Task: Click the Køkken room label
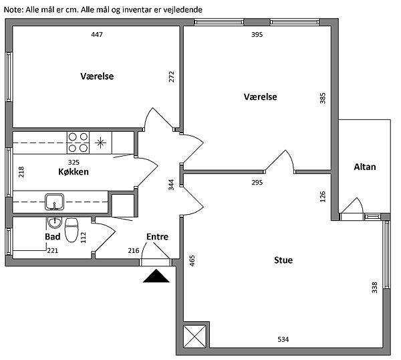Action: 74,171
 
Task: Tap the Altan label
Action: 365,167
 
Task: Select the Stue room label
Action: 283,260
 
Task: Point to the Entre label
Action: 157,237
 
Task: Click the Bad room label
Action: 53,237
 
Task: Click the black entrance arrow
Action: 156,276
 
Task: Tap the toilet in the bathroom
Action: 72,230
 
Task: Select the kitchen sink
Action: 55,202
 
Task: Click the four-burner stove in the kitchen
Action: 78,143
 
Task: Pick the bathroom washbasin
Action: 55,223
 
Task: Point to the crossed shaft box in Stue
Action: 194,337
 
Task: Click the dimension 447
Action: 97,34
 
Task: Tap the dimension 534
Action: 283,339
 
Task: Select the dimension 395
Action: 257,34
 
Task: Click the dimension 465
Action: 192,261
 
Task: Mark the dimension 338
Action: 374,287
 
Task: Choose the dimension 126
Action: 323,197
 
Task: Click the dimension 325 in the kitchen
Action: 74,162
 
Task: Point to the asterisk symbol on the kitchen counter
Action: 100,143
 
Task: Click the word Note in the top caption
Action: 13,10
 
